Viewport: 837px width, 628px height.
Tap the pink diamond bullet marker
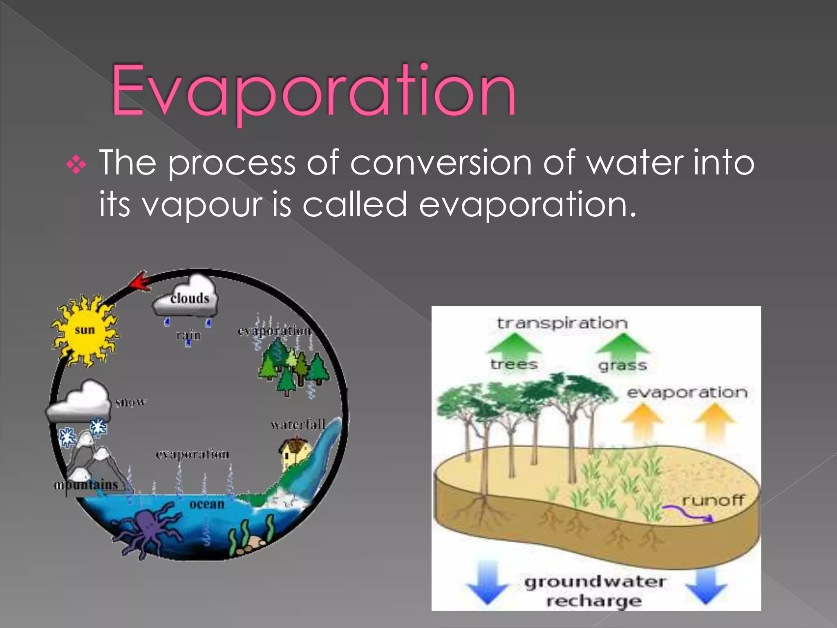click(76, 165)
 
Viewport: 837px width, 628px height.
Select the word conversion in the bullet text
click(441, 163)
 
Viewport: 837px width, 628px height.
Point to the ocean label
click(207, 504)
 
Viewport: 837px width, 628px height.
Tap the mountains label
click(87, 485)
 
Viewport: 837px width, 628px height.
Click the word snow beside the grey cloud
click(130, 403)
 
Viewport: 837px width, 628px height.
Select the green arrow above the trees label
click(514, 343)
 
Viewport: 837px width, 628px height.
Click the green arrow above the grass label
click(622, 343)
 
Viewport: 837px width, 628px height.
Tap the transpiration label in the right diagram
click(562, 323)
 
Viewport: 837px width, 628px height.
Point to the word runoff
click(713, 500)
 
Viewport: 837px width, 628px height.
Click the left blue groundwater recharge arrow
click(487, 583)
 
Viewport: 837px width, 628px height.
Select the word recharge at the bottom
click(594, 601)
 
